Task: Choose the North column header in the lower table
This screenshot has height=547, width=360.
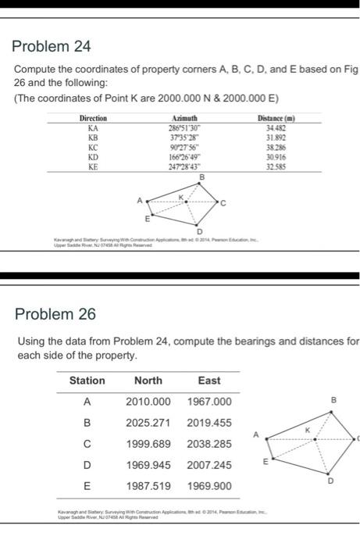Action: (x=148, y=381)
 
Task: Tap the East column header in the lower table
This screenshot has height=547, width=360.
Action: (x=209, y=381)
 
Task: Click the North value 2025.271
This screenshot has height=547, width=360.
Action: (x=148, y=423)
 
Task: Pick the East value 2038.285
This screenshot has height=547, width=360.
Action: (x=209, y=443)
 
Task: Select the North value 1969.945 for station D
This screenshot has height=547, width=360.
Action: (x=148, y=464)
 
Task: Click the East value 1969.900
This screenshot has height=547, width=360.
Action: (x=209, y=484)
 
